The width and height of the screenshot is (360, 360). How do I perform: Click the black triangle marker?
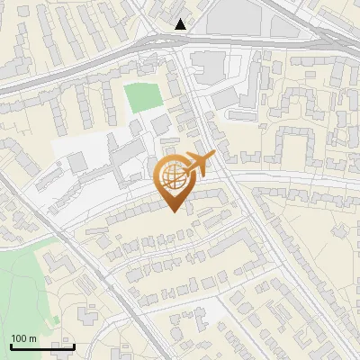coord(182,24)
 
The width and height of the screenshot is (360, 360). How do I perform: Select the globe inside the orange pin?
coord(173,176)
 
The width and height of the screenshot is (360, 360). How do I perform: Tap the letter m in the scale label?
coord(33,339)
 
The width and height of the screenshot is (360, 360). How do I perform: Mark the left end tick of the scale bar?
coord(10,346)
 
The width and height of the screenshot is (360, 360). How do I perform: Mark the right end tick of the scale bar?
coord(74,346)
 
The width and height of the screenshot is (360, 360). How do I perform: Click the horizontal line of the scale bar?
coord(41,347)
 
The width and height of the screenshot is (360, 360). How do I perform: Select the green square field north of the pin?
coord(139,97)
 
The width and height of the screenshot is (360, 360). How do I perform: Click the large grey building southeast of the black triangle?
coord(210,65)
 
